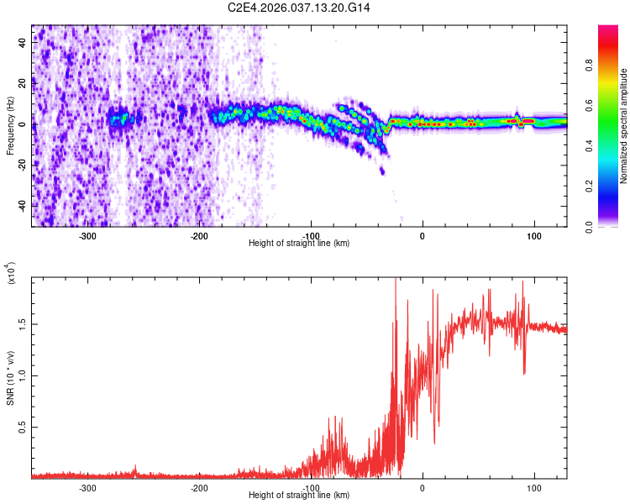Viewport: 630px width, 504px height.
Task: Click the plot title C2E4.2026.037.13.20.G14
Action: pyautogui.click(x=299, y=8)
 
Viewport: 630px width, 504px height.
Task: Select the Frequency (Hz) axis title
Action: pyautogui.click(x=10, y=126)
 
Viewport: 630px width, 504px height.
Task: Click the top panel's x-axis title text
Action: pyautogui.click(x=299, y=243)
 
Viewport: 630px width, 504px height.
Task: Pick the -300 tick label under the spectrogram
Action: pyautogui.click(x=87, y=235)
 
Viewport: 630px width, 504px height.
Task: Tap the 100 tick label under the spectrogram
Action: pyautogui.click(x=533, y=235)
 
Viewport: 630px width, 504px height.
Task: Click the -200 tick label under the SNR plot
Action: pyautogui.click(x=199, y=487)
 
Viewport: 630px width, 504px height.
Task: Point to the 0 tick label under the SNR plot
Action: pyautogui.click(x=423, y=487)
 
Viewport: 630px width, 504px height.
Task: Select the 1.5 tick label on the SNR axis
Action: pyautogui.click(x=24, y=323)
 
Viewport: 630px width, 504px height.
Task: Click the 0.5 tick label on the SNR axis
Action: pyautogui.click(x=24, y=427)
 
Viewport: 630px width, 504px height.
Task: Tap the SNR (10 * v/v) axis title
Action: pyautogui.click(x=10, y=378)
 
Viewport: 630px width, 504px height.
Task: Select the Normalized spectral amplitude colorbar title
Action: pyautogui.click(x=623, y=126)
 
